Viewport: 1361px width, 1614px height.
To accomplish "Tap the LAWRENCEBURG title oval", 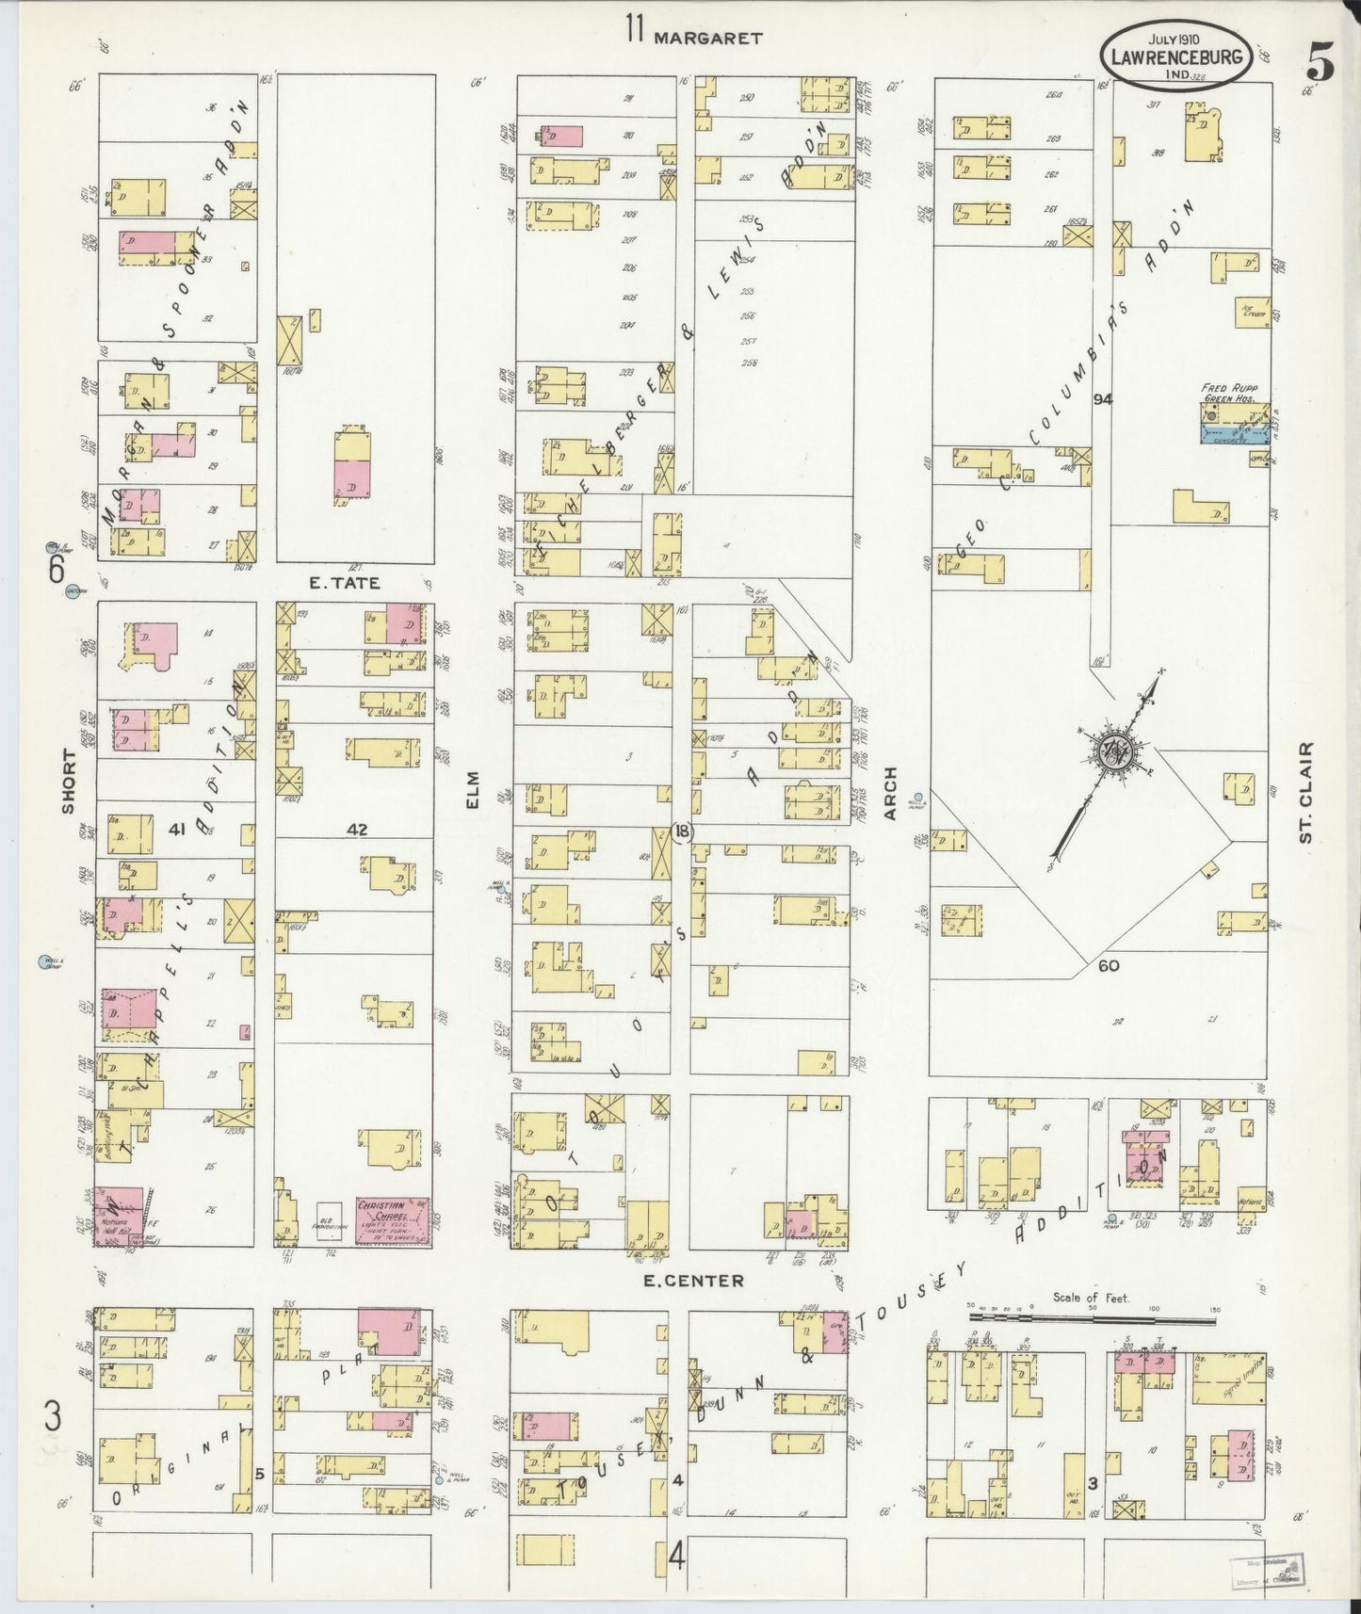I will point(1179,56).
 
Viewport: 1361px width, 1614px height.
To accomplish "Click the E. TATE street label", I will point(345,583).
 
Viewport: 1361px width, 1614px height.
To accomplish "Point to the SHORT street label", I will point(67,782).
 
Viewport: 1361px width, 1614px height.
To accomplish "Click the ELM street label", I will point(474,790).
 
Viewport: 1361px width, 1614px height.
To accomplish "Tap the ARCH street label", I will point(890,793).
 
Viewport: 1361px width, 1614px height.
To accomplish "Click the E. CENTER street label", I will point(694,1281).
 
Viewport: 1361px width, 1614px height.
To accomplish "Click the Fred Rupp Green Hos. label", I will point(1230,392).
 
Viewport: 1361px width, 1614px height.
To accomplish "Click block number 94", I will point(1103,399).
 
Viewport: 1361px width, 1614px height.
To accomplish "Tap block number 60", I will point(1108,965).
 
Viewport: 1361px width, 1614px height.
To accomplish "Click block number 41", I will point(175,829).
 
